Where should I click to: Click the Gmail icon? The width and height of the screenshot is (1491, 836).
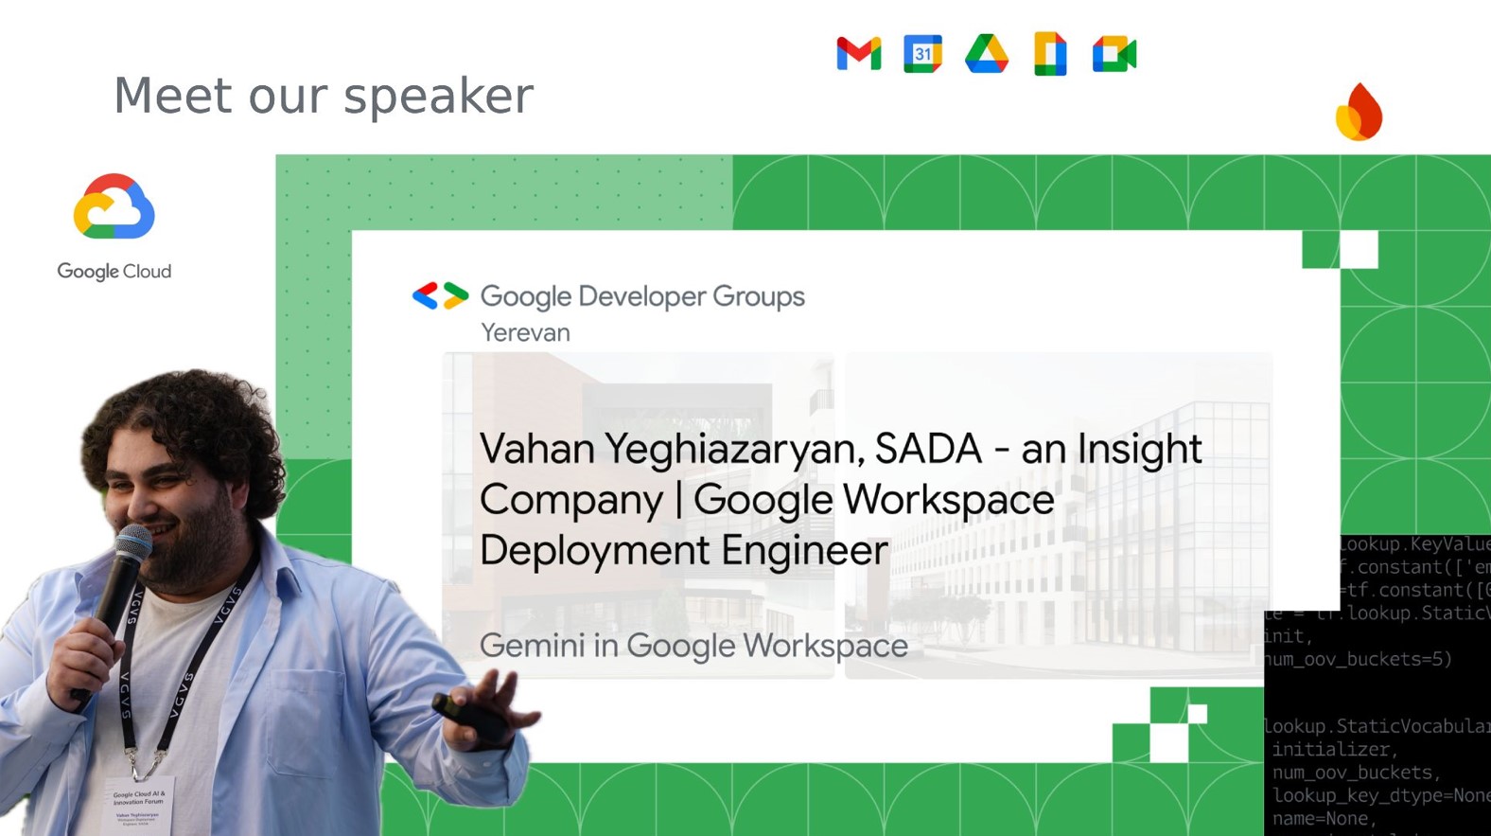point(858,54)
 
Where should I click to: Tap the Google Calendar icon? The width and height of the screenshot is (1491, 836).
point(922,54)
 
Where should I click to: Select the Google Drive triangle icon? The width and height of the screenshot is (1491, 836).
point(986,54)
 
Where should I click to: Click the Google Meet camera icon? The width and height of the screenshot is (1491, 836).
point(1114,54)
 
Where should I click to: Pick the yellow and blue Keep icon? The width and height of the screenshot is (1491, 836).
point(1050,54)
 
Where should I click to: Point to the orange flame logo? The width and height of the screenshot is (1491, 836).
point(1359,113)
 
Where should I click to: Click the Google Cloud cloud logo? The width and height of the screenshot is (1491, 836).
point(114,206)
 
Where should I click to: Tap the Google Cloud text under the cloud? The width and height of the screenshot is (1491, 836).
point(114,272)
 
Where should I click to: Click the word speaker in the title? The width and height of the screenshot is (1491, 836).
point(438,97)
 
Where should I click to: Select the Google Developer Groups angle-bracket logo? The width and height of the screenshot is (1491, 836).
point(440,296)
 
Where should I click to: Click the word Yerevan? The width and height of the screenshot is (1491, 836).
point(525,333)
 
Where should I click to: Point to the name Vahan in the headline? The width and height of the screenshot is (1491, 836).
point(535,449)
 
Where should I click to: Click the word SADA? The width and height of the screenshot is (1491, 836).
point(928,449)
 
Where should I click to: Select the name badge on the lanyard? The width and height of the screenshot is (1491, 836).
point(139,805)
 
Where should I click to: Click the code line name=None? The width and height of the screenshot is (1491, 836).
point(1321,818)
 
